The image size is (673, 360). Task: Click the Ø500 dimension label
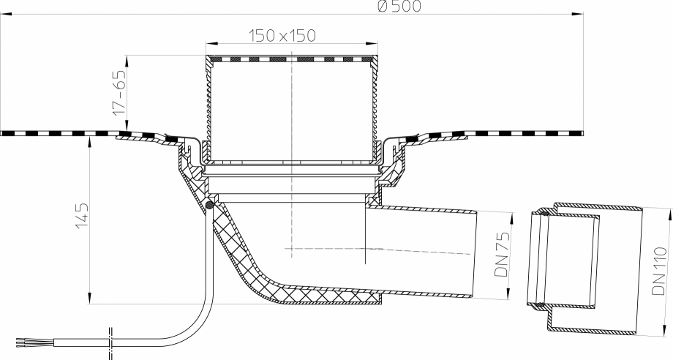(x=399, y=6)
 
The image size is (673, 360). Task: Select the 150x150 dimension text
(x=282, y=36)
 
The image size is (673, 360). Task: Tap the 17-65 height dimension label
(x=119, y=92)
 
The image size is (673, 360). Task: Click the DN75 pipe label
(x=501, y=254)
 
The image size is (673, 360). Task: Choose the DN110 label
(x=659, y=270)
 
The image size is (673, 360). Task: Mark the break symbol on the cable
(x=110, y=343)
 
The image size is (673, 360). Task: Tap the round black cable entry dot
(x=209, y=205)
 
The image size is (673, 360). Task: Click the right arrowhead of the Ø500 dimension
(x=578, y=14)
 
